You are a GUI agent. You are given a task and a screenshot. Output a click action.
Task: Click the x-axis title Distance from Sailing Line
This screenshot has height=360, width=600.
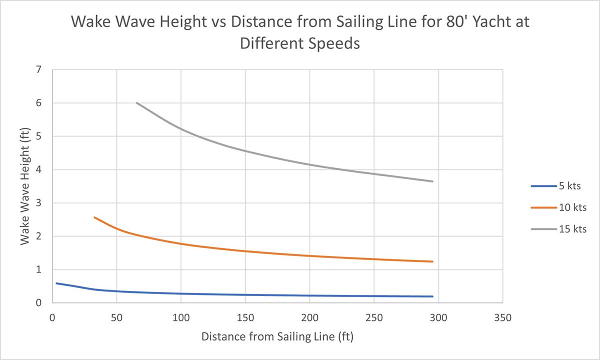point(277,336)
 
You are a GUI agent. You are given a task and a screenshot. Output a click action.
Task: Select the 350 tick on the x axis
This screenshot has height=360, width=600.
point(502,317)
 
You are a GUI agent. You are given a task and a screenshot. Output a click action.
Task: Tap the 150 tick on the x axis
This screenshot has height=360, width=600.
point(245,317)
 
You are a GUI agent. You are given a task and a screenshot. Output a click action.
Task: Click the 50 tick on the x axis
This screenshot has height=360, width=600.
point(116,317)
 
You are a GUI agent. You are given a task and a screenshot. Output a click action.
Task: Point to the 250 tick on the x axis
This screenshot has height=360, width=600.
point(374,317)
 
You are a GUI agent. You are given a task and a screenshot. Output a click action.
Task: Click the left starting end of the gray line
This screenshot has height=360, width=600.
point(136,103)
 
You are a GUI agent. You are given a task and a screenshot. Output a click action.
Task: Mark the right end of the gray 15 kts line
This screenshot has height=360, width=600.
point(432,181)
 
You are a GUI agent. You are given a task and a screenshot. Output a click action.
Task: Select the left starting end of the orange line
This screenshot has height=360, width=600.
point(94,217)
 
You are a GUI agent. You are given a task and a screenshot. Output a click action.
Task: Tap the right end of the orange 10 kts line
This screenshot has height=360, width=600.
point(432,261)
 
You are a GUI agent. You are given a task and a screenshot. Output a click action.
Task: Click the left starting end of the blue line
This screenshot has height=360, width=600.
point(56,283)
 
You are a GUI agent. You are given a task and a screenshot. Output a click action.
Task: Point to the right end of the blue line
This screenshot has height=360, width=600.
point(432,296)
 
